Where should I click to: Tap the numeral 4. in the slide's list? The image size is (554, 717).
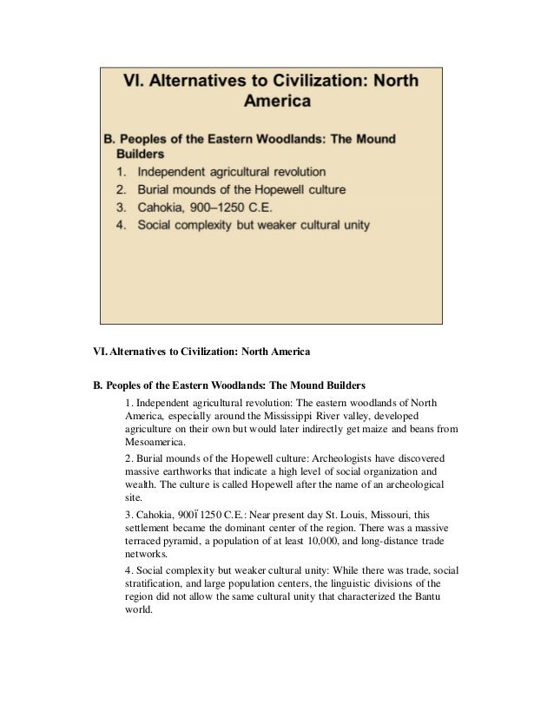point(122,226)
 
